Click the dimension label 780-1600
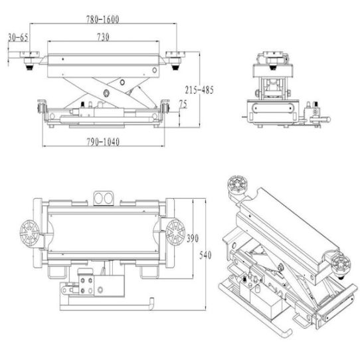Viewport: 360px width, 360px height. pos(103,19)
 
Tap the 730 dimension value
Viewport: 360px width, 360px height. pos(103,37)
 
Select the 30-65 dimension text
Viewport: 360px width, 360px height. pos(18,37)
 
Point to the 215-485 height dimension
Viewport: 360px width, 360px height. pos(199,90)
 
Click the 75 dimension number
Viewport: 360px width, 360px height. pos(183,104)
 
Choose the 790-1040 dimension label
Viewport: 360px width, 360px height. pos(103,142)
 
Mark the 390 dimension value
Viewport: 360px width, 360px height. pos(193,238)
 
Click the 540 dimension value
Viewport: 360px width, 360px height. pos(205,255)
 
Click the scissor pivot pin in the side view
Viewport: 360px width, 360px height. pos(106,93)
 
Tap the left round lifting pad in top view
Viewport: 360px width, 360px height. pos(29,232)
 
